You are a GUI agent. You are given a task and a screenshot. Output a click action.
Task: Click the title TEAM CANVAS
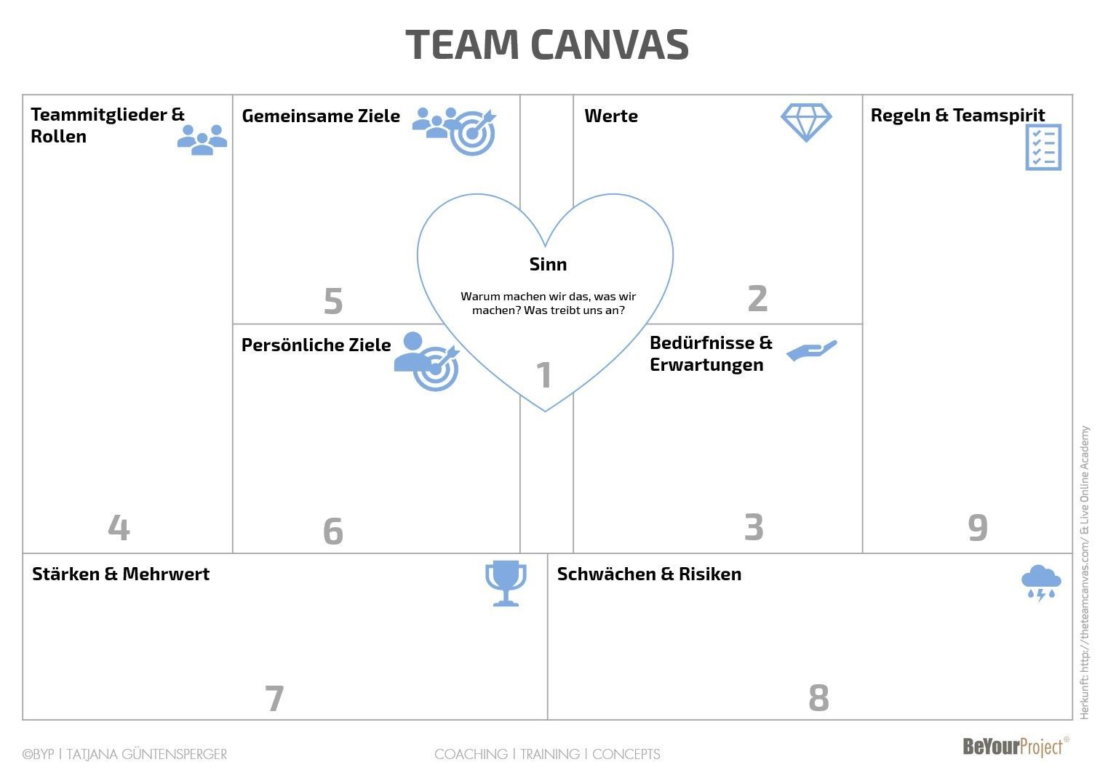click(547, 44)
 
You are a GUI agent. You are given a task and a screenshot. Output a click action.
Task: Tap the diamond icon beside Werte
click(806, 122)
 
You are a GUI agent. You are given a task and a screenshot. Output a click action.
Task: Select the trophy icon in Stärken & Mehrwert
click(506, 582)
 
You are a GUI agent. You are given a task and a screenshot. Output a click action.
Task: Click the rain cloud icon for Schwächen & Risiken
click(1041, 583)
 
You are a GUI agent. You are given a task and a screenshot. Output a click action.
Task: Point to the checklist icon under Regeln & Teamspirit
click(1043, 147)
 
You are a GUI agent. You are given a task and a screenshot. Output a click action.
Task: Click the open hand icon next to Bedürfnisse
click(812, 350)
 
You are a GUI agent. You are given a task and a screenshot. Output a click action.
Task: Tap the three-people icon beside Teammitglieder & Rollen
click(202, 140)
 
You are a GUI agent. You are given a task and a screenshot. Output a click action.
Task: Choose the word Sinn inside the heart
click(548, 264)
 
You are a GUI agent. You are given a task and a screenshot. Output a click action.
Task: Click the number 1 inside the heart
click(543, 375)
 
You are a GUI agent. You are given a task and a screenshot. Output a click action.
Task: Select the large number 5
click(333, 301)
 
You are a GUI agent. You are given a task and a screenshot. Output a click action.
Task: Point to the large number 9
click(978, 528)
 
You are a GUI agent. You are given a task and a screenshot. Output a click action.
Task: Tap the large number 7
click(274, 699)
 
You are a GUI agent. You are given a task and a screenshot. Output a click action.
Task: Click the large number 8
click(818, 698)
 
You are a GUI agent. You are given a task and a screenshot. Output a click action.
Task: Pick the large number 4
click(119, 527)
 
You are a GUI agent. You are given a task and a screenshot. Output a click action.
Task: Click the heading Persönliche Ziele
click(316, 345)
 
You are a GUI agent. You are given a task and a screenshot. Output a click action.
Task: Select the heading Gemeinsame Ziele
click(321, 116)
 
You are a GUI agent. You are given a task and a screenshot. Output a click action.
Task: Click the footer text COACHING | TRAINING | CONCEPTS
click(547, 754)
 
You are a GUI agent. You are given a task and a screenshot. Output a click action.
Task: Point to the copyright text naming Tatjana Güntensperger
click(124, 754)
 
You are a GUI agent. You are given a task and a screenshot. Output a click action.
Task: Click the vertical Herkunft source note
click(1085, 572)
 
